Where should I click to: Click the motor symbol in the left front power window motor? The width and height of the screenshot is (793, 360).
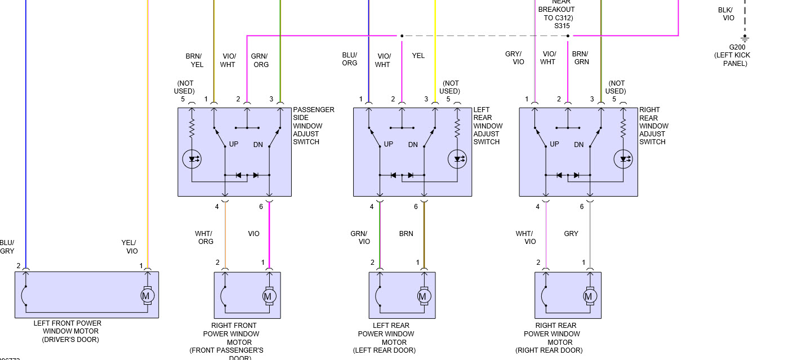(x=147, y=295)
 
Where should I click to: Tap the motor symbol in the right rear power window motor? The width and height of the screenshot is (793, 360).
(x=590, y=295)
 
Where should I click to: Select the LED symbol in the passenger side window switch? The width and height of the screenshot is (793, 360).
(x=191, y=159)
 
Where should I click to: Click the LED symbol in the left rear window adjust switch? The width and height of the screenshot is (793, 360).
(x=457, y=159)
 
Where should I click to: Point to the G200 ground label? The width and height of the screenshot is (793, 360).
(x=737, y=47)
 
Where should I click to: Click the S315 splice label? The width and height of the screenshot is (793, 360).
(x=562, y=26)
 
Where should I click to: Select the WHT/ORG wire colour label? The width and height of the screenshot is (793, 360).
(x=204, y=237)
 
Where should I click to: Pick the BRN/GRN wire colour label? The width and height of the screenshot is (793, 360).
(x=581, y=58)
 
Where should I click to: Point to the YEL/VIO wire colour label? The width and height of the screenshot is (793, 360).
(x=130, y=247)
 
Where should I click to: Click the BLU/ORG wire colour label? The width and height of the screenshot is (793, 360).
(x=350, y=59)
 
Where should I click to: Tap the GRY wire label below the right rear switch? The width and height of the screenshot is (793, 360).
(x=571, y=233)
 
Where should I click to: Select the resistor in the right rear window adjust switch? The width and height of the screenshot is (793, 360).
(x=623, y=128)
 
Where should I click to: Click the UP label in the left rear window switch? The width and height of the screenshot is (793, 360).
(x=388, y=144)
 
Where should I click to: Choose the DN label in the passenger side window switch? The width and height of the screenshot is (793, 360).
(x=258, y=145)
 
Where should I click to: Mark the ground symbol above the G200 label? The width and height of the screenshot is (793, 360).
(x=745, y=39)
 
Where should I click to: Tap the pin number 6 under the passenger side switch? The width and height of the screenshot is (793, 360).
(x=261, y=207)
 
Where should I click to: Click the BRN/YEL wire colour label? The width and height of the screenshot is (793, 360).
(x=194, y=60)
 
